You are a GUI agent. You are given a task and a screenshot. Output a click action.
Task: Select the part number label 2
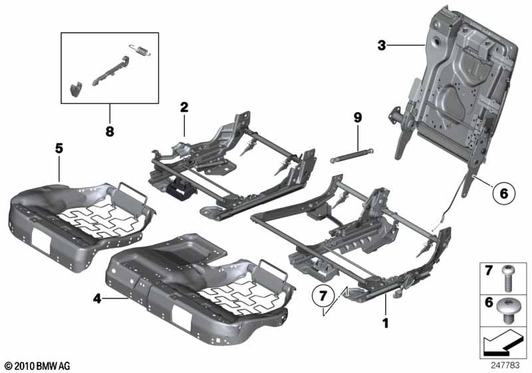[x=184, y=107]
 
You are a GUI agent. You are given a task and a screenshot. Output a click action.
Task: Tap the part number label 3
[x=381, y=45]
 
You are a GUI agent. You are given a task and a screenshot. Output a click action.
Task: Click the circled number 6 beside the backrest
[x=503, y=193]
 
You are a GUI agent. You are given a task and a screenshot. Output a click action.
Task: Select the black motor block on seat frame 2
[x=178, y=190]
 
